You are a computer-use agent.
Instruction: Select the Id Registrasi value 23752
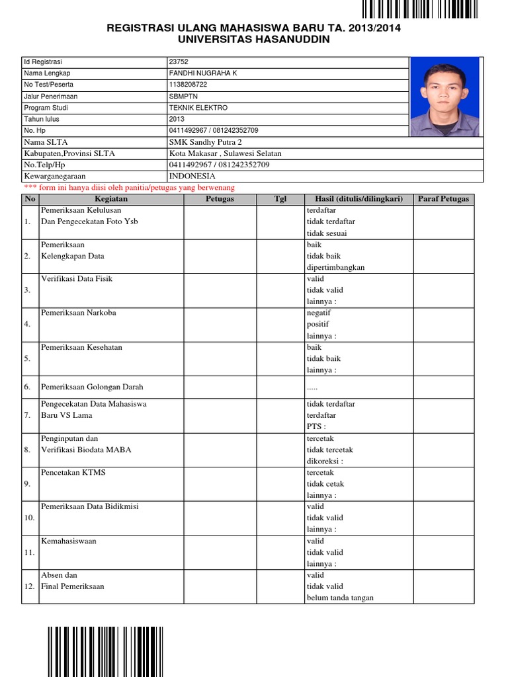point(178,61)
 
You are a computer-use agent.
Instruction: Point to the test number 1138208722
point(187,85)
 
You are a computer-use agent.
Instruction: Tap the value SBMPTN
point(183,96)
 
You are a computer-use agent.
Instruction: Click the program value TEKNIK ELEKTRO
point(198,107)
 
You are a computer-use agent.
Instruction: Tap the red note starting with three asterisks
point(129,188)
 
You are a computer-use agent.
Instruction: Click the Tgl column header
point(280,198)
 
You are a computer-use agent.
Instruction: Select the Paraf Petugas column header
point(443,198)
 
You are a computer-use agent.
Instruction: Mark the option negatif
point(318,313)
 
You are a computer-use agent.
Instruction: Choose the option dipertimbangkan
point(335,267)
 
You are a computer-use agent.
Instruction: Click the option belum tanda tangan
point(340,598)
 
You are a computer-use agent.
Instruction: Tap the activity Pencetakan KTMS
point(73,473)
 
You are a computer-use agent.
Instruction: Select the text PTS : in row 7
point(316,427)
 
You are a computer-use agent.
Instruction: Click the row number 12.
point(29,586)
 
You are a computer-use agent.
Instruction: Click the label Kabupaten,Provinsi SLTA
point(69,153)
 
